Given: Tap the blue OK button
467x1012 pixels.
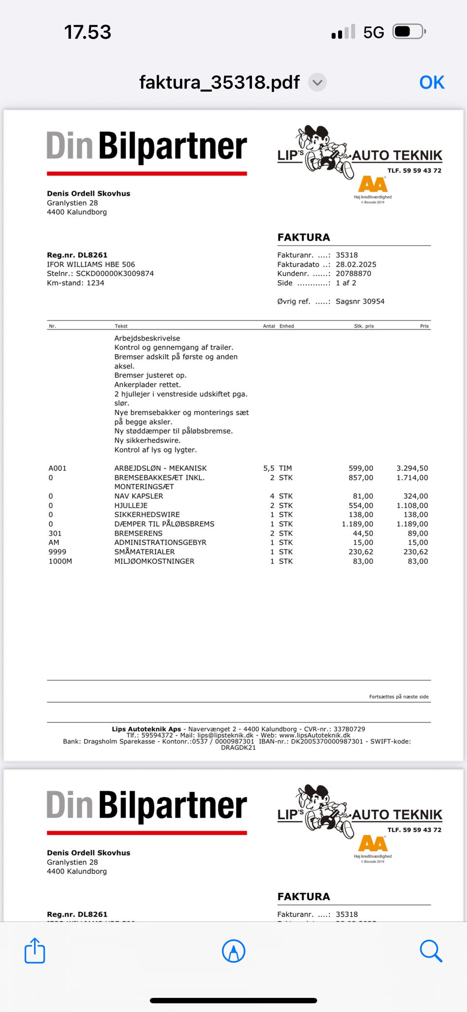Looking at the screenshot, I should (x=431, y=83).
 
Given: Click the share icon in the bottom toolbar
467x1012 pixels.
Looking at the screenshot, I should (x=35, y=951).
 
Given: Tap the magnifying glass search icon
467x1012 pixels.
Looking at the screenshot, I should (x=431, y=951).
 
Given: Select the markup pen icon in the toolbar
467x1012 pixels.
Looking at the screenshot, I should (x=233, y=951).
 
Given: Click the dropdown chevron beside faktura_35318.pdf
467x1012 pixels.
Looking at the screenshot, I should (x=318, y=83).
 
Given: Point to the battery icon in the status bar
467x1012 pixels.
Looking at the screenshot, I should (x=409, y=32).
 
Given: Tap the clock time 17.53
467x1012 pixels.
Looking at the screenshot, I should (x=88, y=33).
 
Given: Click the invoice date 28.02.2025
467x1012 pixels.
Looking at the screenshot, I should (x=356, y=265).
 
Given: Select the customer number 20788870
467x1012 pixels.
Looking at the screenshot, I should (x=353, y=274).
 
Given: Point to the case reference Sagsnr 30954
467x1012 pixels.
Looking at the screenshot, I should (x=360, y=302).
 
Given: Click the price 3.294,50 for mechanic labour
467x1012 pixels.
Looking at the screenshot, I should (x=412, y=468).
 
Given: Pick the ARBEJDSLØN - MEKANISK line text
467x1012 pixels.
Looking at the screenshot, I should (x=161, y=468).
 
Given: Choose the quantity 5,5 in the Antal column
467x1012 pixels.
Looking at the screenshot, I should (x=269, y=468).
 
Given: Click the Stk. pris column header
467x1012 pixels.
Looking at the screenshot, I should (x=364, y=326).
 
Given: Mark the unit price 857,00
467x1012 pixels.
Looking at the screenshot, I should (x=361, y=478).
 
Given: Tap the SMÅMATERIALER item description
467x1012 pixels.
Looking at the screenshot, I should (x=144, y=552).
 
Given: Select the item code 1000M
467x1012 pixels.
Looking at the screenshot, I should (x=60, y=561).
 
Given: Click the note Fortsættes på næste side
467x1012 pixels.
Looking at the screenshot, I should (x=399, y=697).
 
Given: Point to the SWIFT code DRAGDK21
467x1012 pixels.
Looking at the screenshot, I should (x=238, y=747).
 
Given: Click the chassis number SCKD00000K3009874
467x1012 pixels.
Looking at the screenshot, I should (x=115, y=274).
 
